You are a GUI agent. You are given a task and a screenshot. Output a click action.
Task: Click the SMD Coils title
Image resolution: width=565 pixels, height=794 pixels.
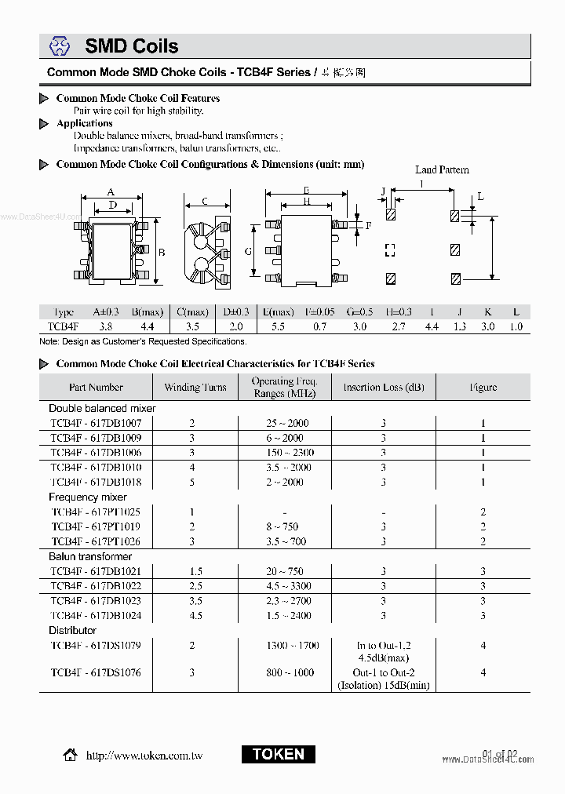[131, 47]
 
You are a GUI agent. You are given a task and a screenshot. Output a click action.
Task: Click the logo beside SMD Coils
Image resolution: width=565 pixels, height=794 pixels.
[60, 47]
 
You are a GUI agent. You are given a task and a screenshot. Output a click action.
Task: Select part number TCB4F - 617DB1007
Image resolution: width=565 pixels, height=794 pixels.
[96, 423]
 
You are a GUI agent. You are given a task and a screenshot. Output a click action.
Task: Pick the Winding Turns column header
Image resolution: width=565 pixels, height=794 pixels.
[195, 387]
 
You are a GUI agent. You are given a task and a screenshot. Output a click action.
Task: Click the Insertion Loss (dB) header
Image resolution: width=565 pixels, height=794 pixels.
[383, 387]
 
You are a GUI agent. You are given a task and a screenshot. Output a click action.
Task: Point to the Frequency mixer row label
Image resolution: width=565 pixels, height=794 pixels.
[87, 497]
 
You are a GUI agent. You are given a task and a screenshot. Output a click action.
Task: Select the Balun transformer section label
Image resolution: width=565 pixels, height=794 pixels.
[90, 557]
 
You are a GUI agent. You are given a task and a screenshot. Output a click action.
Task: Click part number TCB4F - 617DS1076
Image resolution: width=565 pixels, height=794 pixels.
[96, 672]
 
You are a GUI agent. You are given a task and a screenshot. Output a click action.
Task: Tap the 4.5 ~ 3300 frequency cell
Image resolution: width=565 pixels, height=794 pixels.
[289, 586]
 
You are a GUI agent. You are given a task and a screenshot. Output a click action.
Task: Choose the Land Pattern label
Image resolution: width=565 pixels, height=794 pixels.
[442, 169]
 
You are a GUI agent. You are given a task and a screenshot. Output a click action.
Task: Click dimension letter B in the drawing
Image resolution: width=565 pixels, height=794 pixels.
[162, 253]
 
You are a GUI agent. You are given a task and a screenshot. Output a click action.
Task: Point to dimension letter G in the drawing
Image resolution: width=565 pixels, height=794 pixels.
[248, 251]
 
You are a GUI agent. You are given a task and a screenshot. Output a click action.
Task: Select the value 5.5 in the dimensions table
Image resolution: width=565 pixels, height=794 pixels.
[278, 326]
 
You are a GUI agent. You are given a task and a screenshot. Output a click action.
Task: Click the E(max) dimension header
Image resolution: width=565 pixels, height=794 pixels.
[278, 311]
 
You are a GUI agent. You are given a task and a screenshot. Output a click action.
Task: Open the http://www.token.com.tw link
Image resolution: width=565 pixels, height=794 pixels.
[144, 756]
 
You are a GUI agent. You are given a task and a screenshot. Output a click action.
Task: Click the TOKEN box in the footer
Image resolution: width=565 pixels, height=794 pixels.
[278, 754]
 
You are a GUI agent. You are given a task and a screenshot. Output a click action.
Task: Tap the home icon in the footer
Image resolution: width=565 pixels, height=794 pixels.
[70, 755]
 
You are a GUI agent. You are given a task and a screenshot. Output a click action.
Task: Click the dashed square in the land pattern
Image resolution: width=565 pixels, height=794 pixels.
[390, 250]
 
